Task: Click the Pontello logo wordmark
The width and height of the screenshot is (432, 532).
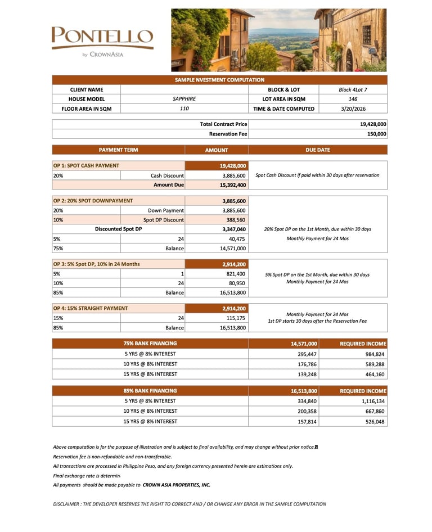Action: click(102, 37)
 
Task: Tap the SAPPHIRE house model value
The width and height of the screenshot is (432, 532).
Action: click(184, 99)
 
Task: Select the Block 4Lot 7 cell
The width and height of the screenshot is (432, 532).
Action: click(353, 89)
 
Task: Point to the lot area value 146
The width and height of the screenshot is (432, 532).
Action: click(353, 99)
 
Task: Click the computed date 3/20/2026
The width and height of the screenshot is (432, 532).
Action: click(353, 109)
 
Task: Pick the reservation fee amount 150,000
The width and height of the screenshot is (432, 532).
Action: click(374, 134)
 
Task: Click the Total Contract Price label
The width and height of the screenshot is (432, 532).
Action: click(223, 124)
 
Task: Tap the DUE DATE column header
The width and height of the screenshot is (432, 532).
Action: click(318, 150)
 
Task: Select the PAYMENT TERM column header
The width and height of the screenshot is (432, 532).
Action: click(118, 150)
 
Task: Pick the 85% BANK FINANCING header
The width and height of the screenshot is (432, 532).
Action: click(150, 391)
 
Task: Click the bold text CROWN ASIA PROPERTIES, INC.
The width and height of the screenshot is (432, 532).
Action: click(176, 485)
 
